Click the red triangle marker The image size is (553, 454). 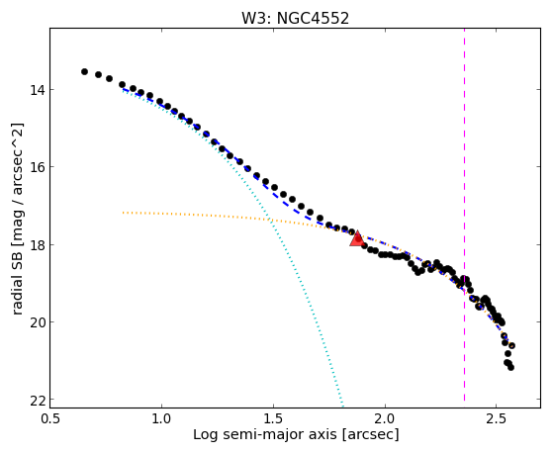click(357, 238)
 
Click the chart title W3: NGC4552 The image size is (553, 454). click(295, 18)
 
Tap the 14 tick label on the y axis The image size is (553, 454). click(37, 90)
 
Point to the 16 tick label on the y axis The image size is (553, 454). click(37, 166)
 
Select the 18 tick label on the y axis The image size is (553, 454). click(37, 244)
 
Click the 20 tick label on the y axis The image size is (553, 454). click(37, 321)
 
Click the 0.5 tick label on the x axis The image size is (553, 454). click(50, 418)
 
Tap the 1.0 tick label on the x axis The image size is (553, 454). click(161, 418)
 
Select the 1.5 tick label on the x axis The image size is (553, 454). click(273, 418)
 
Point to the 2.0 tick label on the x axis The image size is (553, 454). click(385, 418)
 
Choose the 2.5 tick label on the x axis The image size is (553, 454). click(497, 418)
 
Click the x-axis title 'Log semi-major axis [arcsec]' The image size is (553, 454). click(296, 435)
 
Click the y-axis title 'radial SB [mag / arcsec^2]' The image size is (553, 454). click(17, 219)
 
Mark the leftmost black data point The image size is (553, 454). click(84, 71)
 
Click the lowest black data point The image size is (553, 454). click(510, 368)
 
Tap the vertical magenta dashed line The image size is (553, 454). click(464, 215)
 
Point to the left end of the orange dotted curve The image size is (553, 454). click(123, 213)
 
